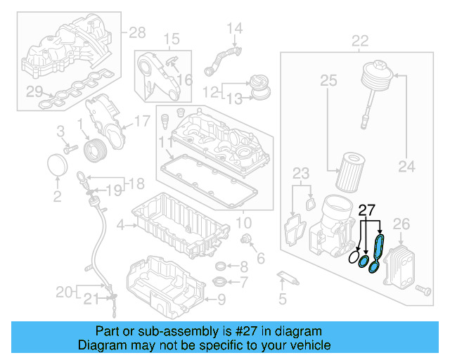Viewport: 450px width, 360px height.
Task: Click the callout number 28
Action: (x=136, y=32)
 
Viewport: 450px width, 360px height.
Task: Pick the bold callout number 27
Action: (x=367, y=210)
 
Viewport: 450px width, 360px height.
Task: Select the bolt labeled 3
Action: (x=70, y=149)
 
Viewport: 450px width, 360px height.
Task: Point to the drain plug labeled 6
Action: (x=247, y=241)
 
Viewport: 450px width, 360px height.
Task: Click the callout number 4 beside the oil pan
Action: (x=121, y=226)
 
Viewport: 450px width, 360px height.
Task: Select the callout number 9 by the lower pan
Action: (x=221, y=300)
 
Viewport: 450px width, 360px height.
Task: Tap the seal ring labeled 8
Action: (x=221, y=267)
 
